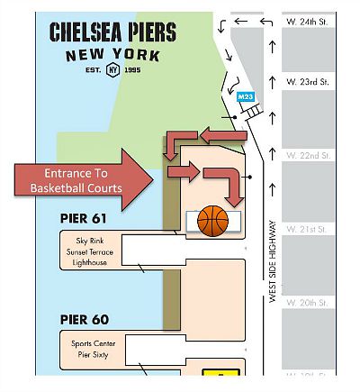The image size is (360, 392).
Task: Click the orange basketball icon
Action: (x=212, y=221)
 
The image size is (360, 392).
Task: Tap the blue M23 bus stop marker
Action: (x=246, y=97)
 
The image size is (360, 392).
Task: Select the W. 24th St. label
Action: (x=307, y=22)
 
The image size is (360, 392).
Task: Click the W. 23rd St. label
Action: (x=308, y=82)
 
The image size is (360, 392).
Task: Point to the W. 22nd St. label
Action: (x=309, y=156)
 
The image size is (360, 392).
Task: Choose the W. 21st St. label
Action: (x=306, y=230)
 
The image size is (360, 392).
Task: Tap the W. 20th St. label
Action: (x=307, y=303)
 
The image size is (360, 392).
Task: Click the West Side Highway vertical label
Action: (x=273, y=261)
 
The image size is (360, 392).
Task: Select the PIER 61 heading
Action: (x=84, y=218)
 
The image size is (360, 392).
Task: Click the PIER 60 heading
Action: (x=85, y=320)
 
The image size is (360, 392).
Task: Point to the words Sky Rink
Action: (x=90, y=241)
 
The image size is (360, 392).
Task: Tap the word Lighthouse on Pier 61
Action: (x=90, y=262)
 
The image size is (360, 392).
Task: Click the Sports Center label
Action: (x=94, y=343)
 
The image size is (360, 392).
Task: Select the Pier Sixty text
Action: (x=93, y=355)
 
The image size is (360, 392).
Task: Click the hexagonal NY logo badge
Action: (x=113, y=69)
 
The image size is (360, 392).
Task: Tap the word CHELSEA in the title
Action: (x=85, y=32)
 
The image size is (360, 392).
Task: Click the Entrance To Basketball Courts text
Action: (x=76, y=180)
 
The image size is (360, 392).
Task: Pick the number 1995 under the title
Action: (x=132, y=70)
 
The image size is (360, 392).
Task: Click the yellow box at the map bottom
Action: (x=221, y=372)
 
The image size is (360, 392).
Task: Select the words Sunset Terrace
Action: (x=90, y=251)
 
